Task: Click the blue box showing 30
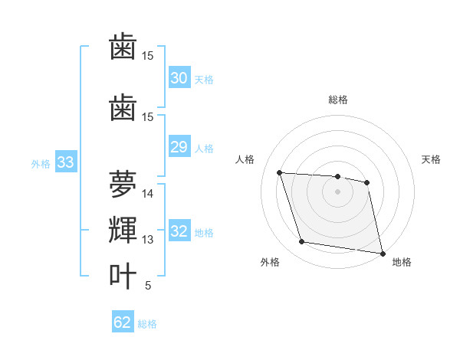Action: [179, 78]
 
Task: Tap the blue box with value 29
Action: [179, 147]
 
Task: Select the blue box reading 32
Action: [179, 232]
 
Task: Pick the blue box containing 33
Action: [65, 162]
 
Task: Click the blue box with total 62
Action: [122, 322]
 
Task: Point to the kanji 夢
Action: [123, 185]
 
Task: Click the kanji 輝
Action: [123, 231]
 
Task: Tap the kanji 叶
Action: [123, 277]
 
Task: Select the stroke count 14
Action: [148, 194]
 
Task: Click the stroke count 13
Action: [148, 240]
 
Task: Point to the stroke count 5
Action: [148, 286]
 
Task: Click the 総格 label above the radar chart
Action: [338, 100]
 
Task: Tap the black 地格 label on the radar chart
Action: [402, 262]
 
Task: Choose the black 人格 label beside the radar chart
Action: [245, 159]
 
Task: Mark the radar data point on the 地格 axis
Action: [382, 253]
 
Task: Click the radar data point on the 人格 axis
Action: [280, 172]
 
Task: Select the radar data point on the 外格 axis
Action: [301, 242]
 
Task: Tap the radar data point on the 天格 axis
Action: [367, 182]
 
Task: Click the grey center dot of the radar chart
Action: [338, 191]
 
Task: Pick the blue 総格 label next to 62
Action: [147, 324]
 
